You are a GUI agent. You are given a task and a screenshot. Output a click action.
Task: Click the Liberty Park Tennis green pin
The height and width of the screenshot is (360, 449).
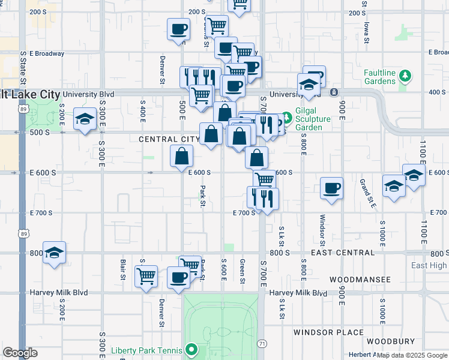pos(192,348)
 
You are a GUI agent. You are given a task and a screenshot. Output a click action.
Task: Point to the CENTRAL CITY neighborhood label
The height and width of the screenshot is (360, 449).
pos(169,139)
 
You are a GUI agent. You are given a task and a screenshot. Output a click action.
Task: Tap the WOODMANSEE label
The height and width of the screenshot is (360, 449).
pos(360,280)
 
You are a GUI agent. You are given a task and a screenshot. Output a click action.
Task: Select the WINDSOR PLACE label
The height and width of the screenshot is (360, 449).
pos(328,332)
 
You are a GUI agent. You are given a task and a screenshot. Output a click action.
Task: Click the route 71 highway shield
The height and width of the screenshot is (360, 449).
pos(262,343)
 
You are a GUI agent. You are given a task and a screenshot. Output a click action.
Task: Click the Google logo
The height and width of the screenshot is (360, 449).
pos(20,353)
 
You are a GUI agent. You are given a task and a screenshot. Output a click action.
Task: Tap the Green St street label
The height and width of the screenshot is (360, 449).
pos(243,271)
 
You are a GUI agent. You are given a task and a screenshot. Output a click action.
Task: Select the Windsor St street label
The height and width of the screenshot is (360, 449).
pos(322,230)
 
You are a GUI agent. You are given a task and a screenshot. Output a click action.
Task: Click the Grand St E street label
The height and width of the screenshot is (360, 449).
pos(368,193)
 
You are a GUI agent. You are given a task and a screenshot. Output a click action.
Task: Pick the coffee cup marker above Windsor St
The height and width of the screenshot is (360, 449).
pos(331,188)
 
